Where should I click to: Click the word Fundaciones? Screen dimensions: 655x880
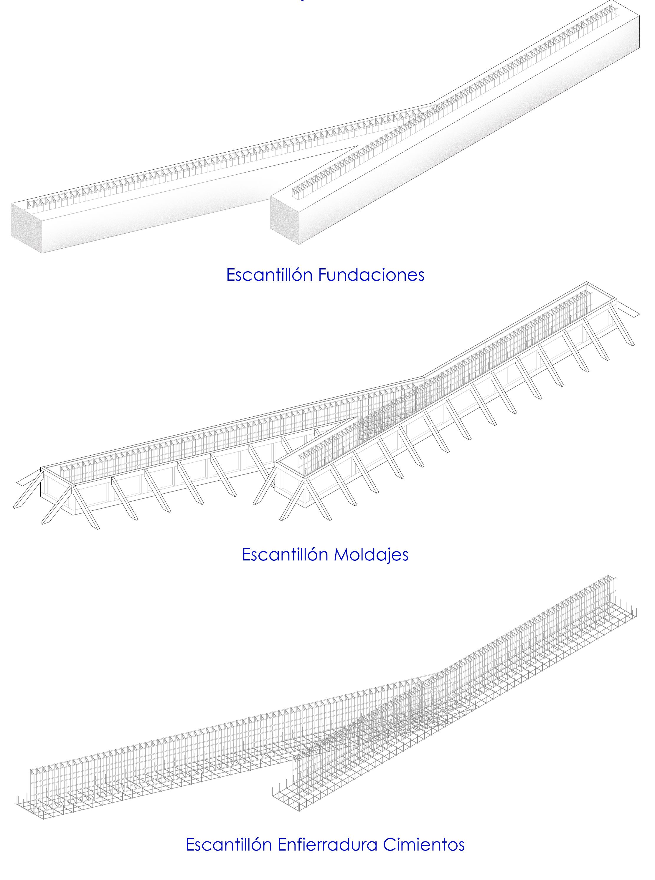pos(371,274)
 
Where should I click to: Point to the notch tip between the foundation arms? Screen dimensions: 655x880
pos(357,147)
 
